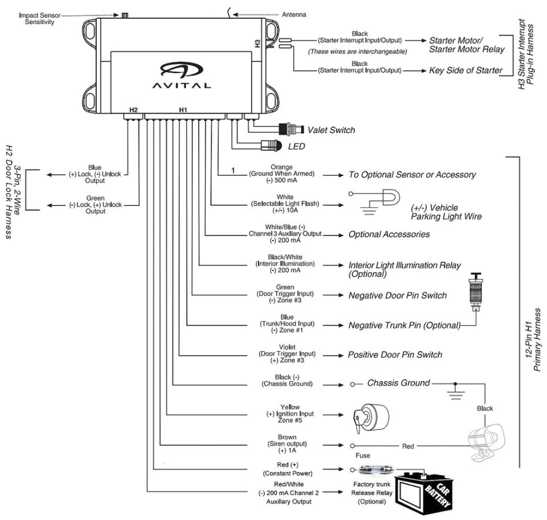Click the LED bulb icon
pyautogui.click(x=272, y=145)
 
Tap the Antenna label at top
pyautogui.click(x=294, y=14)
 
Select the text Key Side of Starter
pyautogui.click(x=466, y=70)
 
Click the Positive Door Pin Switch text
pyautogui.click(x=395, y=355)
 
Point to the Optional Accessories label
pyautogui.click(x=389, y=234)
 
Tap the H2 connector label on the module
pyautogui.click(x=133, y=110)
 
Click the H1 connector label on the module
pyautogui.click(x=183, y=110)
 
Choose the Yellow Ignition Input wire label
pyautogui.click(x=290, y=414)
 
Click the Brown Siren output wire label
pyautogui.click(x=287, y=444)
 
